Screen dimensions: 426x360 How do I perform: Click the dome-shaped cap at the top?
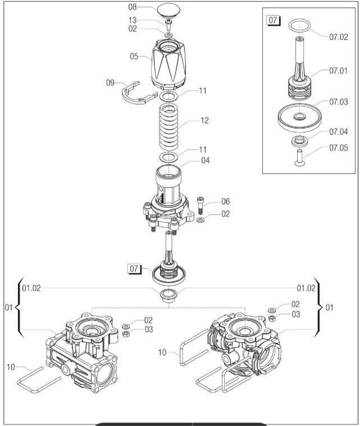click(167, 11)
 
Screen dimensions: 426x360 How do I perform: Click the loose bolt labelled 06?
click(200, 205)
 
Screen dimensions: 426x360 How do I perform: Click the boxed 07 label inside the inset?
click(273, 21)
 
